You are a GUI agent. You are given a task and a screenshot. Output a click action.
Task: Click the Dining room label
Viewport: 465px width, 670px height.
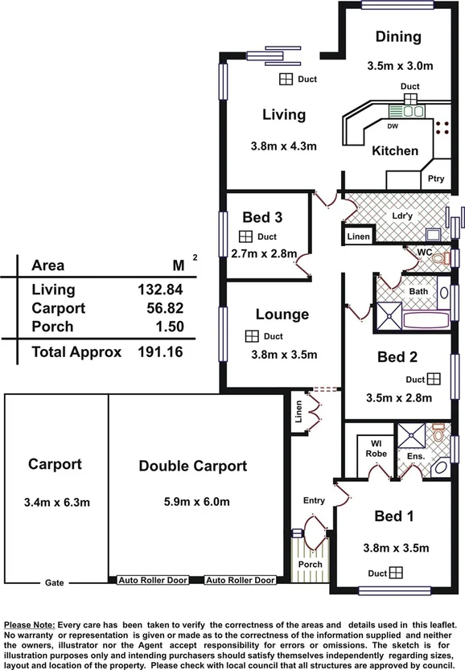tap(398, 36)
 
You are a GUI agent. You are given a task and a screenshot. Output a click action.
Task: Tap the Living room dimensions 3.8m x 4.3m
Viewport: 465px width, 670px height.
tap(283, 146)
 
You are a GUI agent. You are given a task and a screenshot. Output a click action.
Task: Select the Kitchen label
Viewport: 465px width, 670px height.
tap(395, 150)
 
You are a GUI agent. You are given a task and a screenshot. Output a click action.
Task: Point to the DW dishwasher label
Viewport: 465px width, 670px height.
tap(393, 127)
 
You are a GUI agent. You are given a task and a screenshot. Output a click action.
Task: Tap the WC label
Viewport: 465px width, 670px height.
tap(426, 252)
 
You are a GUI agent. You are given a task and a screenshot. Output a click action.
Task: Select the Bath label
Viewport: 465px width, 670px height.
tap(418, 290)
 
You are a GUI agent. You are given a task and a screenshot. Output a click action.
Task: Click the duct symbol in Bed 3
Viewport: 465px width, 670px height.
tap(247, 236)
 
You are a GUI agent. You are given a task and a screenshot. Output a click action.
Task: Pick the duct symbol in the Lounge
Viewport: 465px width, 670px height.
tap(252, 336)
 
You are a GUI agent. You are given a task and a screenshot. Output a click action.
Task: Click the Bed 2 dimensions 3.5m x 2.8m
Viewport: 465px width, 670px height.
tap(399, 397)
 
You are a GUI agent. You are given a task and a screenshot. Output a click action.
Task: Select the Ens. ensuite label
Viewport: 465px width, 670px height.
tap(415, 456)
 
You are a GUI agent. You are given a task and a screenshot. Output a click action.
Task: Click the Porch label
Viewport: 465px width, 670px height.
tap(310, 564)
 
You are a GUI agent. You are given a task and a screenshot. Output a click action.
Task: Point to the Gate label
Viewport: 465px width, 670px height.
tap(54, 581)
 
